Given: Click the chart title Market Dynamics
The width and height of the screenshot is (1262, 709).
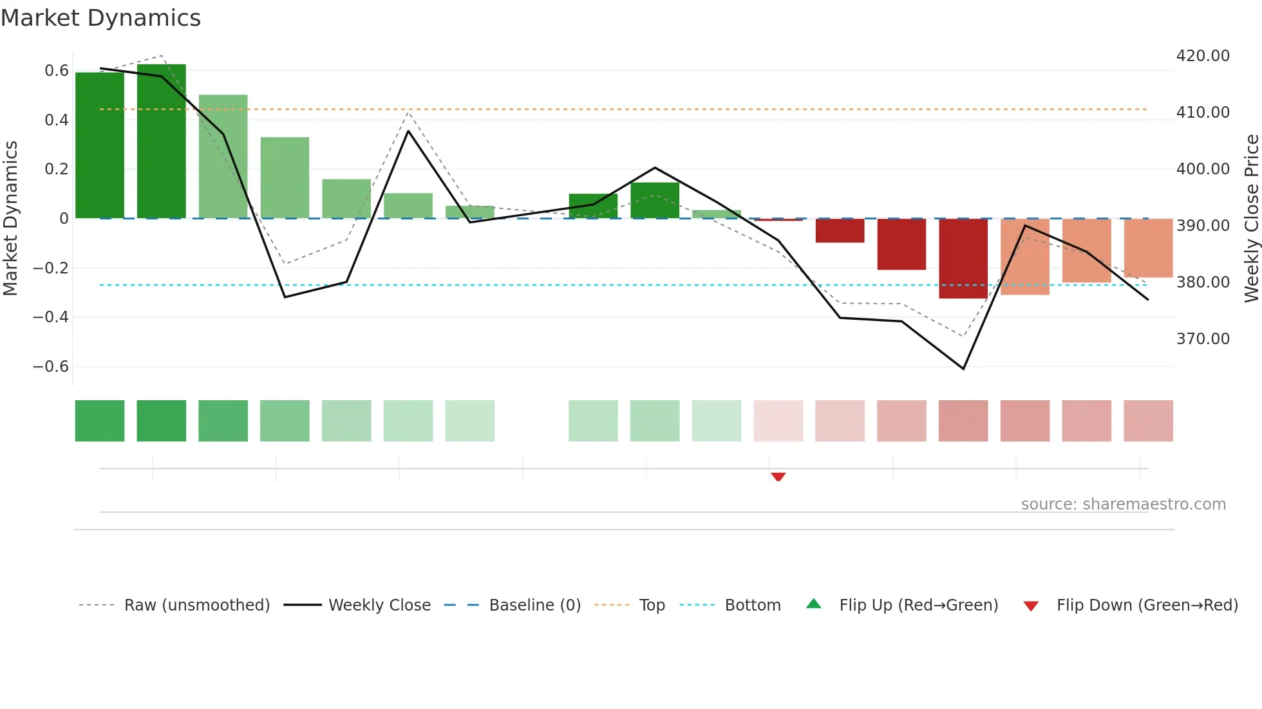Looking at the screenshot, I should pyautogui.click(x=100, y=18).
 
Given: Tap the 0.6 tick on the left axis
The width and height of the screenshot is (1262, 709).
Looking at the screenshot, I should pyautogui.click(x=57, y=71).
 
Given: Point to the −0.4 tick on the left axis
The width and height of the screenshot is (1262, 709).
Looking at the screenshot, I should pyautogui.click(x=51, y=317).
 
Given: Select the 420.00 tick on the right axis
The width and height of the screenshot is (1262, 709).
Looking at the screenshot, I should pyautogui.click(x=1203, y=56).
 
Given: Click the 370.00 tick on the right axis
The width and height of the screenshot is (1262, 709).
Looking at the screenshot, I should pyautogui.click(x=1203, y=339).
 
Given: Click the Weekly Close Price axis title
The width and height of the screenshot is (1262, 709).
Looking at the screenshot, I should pyautogui.click(x=1251, y=219).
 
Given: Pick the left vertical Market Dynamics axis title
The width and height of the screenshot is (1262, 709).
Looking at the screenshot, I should pyautogui.click(x=10, y=219).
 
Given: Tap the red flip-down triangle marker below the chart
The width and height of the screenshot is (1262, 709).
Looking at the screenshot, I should pyautogui.click(x=778, y=477).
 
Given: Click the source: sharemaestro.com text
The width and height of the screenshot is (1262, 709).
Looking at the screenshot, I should pyautogui.click(x=1123, y=504).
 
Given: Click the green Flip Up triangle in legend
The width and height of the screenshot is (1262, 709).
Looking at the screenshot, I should pyautogui.click(x=814, y=604).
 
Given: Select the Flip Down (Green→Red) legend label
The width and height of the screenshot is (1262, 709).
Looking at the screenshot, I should pyautogui.click(x=1147, y=605).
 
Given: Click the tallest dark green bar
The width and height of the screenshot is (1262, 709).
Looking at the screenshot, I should pyautogui.click(x=162, y=142).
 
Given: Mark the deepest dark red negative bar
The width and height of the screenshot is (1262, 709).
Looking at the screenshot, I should pyautogui.click(x=963, y=259).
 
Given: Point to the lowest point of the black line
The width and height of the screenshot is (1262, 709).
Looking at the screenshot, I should pyautogui.click(x=963, y=369).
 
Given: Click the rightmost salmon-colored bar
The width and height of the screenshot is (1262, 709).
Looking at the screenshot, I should pyautogui.click(x=1148, y=248).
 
